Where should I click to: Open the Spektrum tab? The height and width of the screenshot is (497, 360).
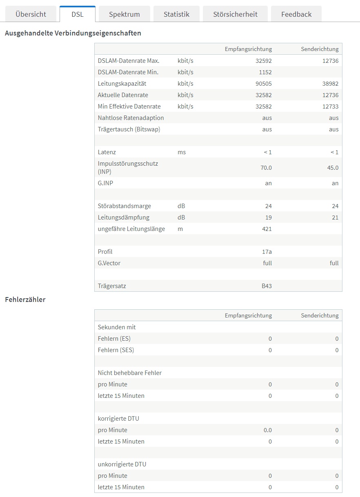tap(124, 14)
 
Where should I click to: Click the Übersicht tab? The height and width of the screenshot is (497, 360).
tap(31, 14)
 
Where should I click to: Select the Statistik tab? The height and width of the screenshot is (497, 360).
tap(176, 14)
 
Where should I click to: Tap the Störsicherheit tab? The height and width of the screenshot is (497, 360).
tap(235, 14)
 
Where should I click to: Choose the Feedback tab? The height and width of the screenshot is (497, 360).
tap(296, 14)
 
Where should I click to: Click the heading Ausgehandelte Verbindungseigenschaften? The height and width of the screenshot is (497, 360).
tap(73, 33)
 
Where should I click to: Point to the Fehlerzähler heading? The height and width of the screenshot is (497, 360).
tap(25, 300)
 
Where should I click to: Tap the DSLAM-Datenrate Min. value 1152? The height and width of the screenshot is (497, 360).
tap(265, 72)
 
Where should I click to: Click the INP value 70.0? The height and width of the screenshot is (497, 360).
tap(266, 168)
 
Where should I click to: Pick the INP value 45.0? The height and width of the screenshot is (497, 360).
tap(333, 168)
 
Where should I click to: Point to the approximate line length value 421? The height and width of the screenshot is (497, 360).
tap(267, 229)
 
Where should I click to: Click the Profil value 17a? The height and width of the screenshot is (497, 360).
tap(267, 252)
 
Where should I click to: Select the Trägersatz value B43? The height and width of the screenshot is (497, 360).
tap(267, 286)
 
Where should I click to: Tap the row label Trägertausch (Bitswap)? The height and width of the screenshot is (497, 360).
tap(129, 129)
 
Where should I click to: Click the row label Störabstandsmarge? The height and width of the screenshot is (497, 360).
tap(124, 206)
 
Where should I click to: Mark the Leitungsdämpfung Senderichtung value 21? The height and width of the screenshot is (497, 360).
tap(335, 217)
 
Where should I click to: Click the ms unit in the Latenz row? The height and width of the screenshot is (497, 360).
tap(182, 152)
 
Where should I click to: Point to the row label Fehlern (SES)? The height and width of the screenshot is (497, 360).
tap(116, 350)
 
